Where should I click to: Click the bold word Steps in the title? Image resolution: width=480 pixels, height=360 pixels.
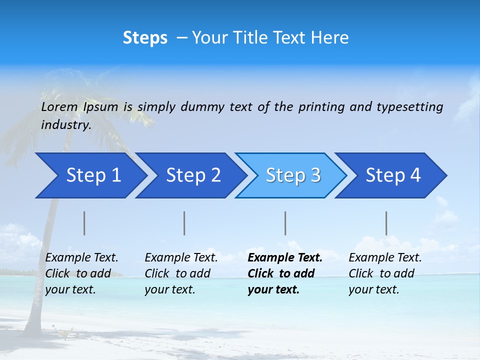click(x=145, y=37)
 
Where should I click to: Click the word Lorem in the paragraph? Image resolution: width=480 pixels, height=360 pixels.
click(x=59, y=106)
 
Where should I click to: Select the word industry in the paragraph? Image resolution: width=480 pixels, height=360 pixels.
click(x=65, y=125)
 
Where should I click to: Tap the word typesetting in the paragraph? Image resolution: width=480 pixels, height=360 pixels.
click(x=409, y=106)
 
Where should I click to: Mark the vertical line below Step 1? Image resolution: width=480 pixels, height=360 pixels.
click(x=84, y=223)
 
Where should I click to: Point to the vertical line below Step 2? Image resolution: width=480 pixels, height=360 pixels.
click(x=184, y=223)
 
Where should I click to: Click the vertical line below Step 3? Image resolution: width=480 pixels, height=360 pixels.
click(x=285, y=223)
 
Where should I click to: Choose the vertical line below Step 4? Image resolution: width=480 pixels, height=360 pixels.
click(x=386, y=223)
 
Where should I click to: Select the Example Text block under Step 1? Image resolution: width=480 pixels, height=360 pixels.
click(x=81, y=273)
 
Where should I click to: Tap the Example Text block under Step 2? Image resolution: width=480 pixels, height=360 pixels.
click(x=181, y=273)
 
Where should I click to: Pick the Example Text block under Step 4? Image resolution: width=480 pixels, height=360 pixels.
click(x=385, y=273)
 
